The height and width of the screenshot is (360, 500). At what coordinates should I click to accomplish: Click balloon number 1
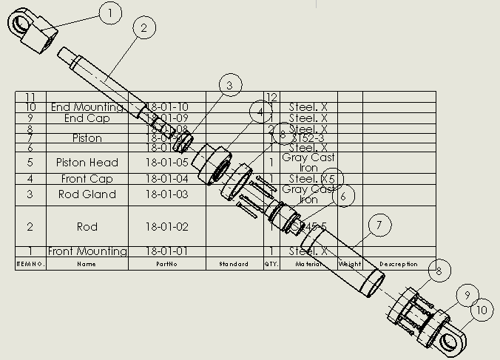click(109, 13)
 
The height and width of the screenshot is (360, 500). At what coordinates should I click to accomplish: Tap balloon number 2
click(143, 28)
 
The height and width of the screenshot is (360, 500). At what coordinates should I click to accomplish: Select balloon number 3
click(229, 86)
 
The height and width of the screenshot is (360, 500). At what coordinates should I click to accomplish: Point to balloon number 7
click(379, 225)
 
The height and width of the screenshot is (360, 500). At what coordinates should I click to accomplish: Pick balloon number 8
click(439, 271)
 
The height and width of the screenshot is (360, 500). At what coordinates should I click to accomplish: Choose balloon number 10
click(482, 310)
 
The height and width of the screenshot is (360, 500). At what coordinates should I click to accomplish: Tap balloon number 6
click(343, 196)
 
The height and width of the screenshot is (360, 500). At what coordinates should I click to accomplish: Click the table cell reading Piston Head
click(87, 163)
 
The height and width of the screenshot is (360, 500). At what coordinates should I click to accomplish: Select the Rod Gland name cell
click(87, 194)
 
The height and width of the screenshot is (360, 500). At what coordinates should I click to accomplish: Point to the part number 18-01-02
click(167, 226)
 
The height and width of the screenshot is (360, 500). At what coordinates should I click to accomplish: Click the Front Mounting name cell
click(87, 251)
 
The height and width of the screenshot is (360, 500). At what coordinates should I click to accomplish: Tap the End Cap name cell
click(87, 118)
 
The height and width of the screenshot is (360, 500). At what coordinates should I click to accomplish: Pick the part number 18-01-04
click(167, 179)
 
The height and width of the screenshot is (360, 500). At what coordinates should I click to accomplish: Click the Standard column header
click(234, 264)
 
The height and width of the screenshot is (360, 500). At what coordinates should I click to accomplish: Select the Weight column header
click(350, 264)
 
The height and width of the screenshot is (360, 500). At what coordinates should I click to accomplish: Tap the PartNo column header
click(167, 264)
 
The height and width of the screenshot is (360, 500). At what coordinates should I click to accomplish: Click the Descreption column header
click(399, 264)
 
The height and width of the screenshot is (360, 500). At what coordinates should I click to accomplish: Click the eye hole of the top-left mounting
click(18, 24)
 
